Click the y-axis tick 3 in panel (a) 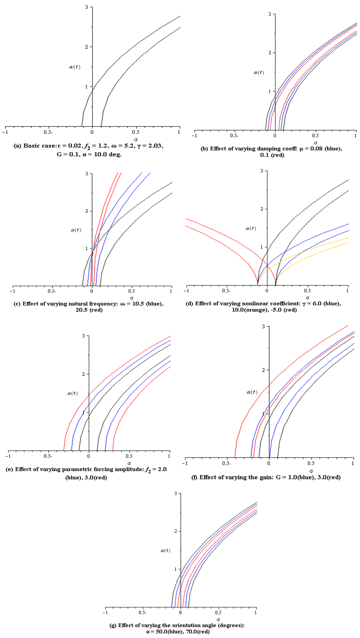(x=86, y=7)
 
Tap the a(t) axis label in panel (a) (x=74, y=67)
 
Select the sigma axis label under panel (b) (x=315, y=143)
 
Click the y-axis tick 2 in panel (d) (x=262, y=209)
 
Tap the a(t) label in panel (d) (x=251, y=228)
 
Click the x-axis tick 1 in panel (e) (x=169, y=456)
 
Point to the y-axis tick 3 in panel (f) (x=263, y=326)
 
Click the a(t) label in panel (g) (x=166, y=550)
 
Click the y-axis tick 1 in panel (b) (x=269, y=91)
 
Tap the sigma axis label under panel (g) (x=218, y=619)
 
